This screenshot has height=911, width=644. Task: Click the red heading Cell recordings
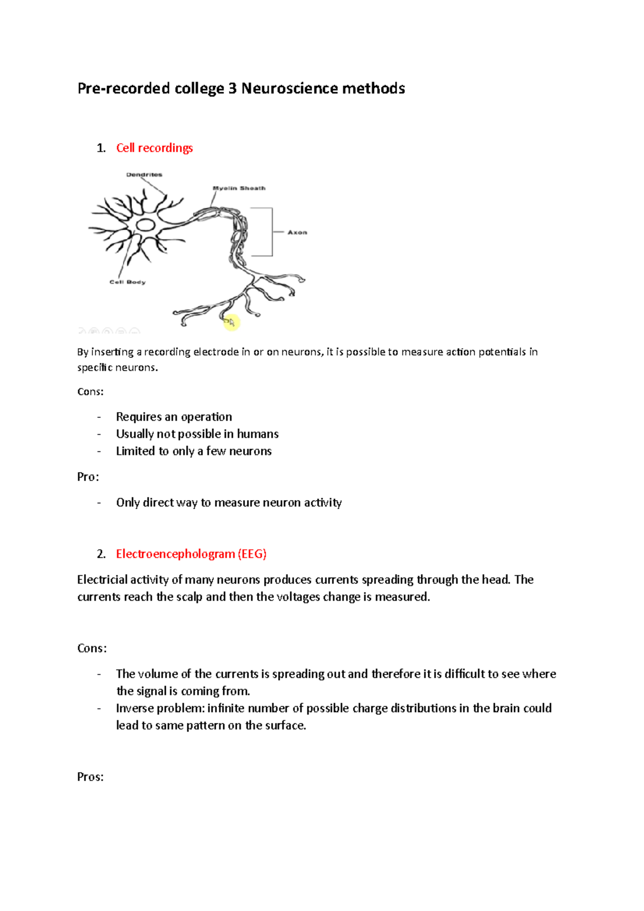point(154,148)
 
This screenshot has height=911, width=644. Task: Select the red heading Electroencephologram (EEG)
point(191,554)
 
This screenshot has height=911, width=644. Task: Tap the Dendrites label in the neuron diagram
point(144,175)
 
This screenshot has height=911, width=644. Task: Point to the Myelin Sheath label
point(239,188)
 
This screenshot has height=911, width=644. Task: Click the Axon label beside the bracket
point(297,232)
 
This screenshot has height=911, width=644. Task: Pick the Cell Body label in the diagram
point(127,282)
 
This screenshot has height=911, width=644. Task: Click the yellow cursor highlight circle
point(231,322)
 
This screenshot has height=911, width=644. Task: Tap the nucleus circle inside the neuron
point(145,225)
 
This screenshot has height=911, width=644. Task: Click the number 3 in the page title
point(232,89)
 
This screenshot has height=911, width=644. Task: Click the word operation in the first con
point(207,417)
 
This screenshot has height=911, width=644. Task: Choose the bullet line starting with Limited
point(194,451)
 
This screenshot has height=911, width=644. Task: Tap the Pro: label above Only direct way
point(88,477)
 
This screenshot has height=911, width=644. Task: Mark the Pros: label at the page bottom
point(90,777)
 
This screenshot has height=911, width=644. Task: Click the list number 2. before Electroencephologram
point(101,554)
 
